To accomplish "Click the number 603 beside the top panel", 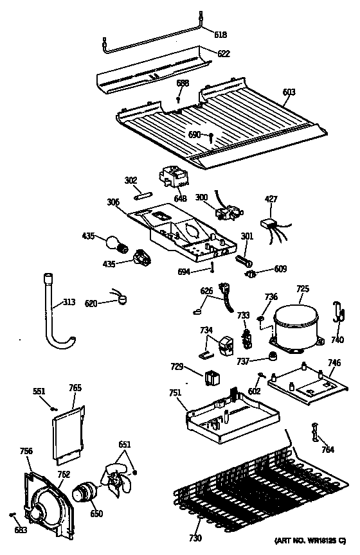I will [289, 92].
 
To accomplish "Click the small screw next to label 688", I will [178, 100].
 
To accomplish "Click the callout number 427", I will [271, 200].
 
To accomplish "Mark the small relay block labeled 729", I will [210, 377].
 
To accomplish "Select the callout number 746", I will [334, 363].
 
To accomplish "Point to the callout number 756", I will [26, 451].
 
